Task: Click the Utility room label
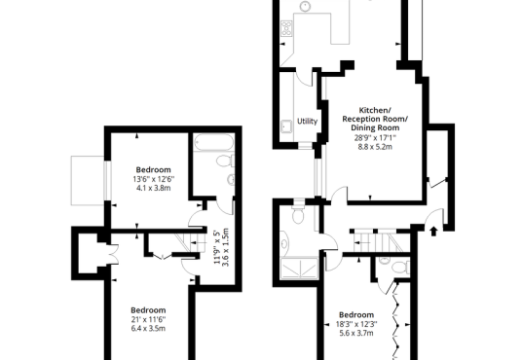[x=307, y=121]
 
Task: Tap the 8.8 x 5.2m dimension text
[x=375, y=147]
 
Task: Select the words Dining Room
[x=375, y=127]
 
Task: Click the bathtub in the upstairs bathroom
[x=213, y=142]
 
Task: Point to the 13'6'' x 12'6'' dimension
[x=154, y=179]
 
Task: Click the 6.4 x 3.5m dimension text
[x=148, y=329]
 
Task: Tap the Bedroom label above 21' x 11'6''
[x=148, y=310]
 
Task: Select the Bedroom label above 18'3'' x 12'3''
[x=356, y=314]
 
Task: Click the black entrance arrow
[x=433, y=231]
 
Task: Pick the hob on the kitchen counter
[x=286, y=28]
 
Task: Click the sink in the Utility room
[x=286, y=126]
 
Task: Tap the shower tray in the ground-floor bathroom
[x=299, y=269]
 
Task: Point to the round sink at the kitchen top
[x=305, y=6]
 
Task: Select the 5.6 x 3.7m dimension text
[x=356, y=333]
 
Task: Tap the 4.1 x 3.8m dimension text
[x=154, y=188]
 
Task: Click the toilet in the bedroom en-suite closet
[x=400, y=268]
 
